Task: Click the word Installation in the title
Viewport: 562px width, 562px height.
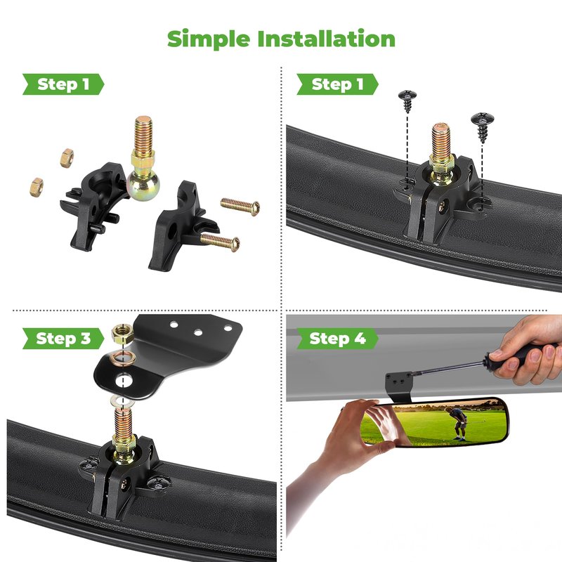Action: click(x=326, y=39)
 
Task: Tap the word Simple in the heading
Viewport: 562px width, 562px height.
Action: click(x=209, y=39)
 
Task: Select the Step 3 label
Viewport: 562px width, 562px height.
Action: click(x=63, y=339)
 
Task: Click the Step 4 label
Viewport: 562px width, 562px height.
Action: click(x=337, y=339)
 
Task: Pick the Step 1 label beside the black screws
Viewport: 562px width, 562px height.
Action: click(x=337, y=84)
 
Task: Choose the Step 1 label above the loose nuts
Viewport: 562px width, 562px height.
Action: click(x=63, y=84)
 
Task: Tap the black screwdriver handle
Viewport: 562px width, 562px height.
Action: click(x=516, y=355)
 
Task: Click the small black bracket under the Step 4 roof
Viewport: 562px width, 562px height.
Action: click(x=398, y=385)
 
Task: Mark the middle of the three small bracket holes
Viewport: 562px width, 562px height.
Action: click(x=198, y=332)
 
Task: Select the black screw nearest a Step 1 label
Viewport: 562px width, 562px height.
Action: click(x=407, y=101)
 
